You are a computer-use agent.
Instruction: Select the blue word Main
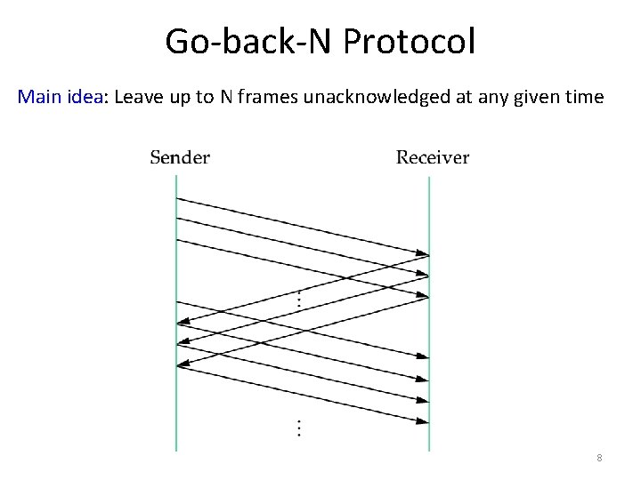(39, 97)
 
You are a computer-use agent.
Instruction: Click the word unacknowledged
(380, 97)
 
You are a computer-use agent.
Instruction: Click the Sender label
(180, 158)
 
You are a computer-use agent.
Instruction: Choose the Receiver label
(433, 158)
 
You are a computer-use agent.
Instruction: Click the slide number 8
(599, 458)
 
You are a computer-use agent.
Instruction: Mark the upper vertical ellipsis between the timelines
(298, 300)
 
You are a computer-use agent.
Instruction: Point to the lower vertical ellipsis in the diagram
(298, 428)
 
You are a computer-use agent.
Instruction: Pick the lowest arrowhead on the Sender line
(183, 364)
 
